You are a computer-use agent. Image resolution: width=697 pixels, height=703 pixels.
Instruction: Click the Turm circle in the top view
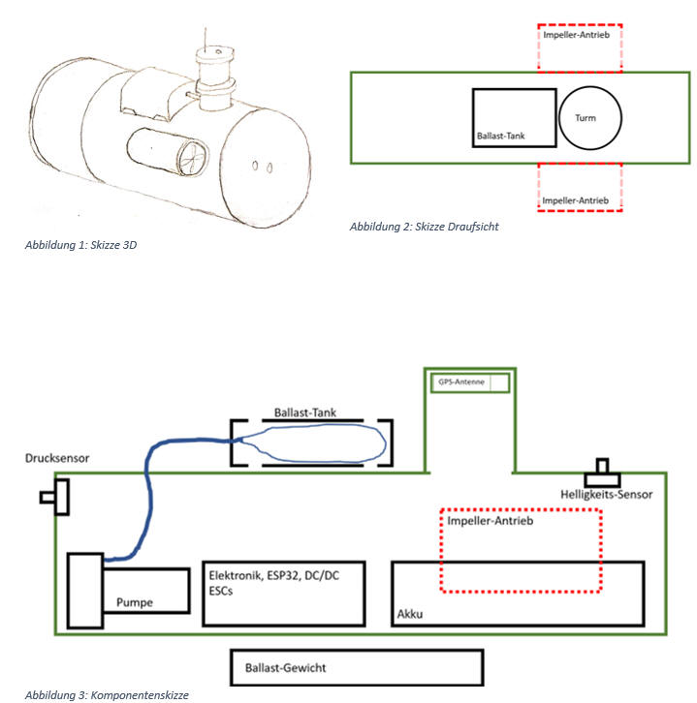590,118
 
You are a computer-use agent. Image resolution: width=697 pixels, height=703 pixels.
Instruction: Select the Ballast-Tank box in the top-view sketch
515,117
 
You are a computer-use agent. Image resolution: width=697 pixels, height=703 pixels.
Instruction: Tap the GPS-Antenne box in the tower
469,382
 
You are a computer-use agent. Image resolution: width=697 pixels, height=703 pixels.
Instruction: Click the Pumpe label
135,602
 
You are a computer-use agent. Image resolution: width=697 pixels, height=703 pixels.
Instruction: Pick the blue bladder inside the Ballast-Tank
316,443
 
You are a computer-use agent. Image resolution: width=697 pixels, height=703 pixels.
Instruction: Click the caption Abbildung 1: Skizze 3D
80,245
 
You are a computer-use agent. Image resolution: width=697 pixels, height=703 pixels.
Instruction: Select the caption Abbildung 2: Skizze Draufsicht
424,226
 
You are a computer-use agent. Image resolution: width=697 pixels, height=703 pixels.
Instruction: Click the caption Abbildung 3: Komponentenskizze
107,694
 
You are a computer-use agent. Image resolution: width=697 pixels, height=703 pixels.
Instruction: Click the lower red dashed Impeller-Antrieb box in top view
580,188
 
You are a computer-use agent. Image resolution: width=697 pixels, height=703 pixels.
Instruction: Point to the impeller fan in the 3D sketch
191,156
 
